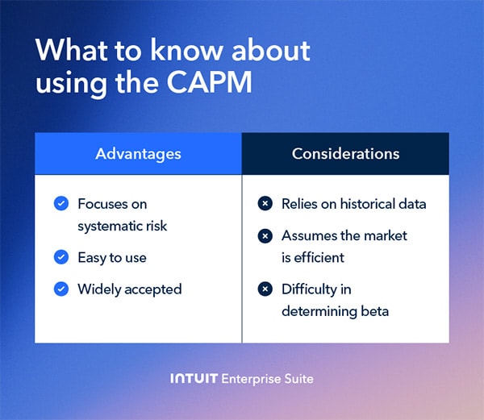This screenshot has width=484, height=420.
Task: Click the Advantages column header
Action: tap(138, 153)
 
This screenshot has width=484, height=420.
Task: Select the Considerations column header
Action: tap(345, 153)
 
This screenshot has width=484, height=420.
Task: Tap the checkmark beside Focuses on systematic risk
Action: tap(60, 204)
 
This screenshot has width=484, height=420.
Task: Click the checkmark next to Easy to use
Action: tap(60, 257)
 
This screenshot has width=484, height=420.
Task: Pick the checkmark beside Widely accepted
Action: tap(60, 289)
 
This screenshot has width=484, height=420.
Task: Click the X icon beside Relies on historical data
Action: tap(264, 204)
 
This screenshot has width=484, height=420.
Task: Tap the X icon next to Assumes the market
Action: tap(264, 236)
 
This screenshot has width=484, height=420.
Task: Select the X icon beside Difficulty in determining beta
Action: tap(264, 289)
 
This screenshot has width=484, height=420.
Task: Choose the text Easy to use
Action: tap(111, 257)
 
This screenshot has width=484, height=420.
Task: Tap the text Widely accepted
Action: tap(129, 289)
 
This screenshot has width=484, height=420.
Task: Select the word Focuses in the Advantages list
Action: tap(102, 204)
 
